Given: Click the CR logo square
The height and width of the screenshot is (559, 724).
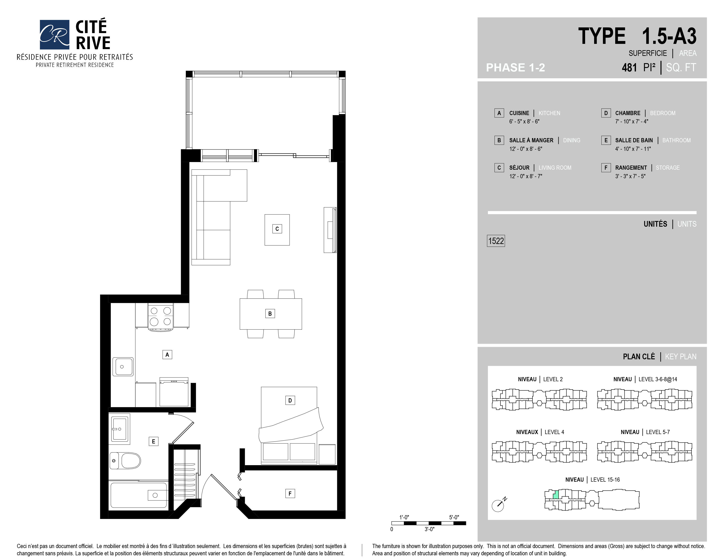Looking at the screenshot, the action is pos(54,34).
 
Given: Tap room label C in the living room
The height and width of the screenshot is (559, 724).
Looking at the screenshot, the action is pos(277,229).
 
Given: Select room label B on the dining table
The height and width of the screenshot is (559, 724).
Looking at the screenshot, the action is pos(270,314).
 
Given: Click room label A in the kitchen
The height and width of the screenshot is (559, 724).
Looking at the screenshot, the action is pos(167,355).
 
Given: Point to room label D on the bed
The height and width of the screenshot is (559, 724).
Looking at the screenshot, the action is pos(290,400).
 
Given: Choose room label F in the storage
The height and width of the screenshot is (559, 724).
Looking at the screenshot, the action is pos(290,494).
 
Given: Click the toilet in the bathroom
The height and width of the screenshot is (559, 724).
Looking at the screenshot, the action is pos(125,460).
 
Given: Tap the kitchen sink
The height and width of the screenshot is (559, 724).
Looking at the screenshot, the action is pos(123,367).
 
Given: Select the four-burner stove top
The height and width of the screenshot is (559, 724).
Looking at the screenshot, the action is pos(160,317).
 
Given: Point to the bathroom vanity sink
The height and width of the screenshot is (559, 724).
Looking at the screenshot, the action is pos(119,429).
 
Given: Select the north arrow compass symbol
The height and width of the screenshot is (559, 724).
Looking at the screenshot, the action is pos(499,504).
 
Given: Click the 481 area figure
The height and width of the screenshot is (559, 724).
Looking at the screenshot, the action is pos(629,68).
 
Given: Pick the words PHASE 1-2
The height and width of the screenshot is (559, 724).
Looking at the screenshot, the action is pos(516,68).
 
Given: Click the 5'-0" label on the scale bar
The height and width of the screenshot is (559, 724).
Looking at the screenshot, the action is pos(454,517).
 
